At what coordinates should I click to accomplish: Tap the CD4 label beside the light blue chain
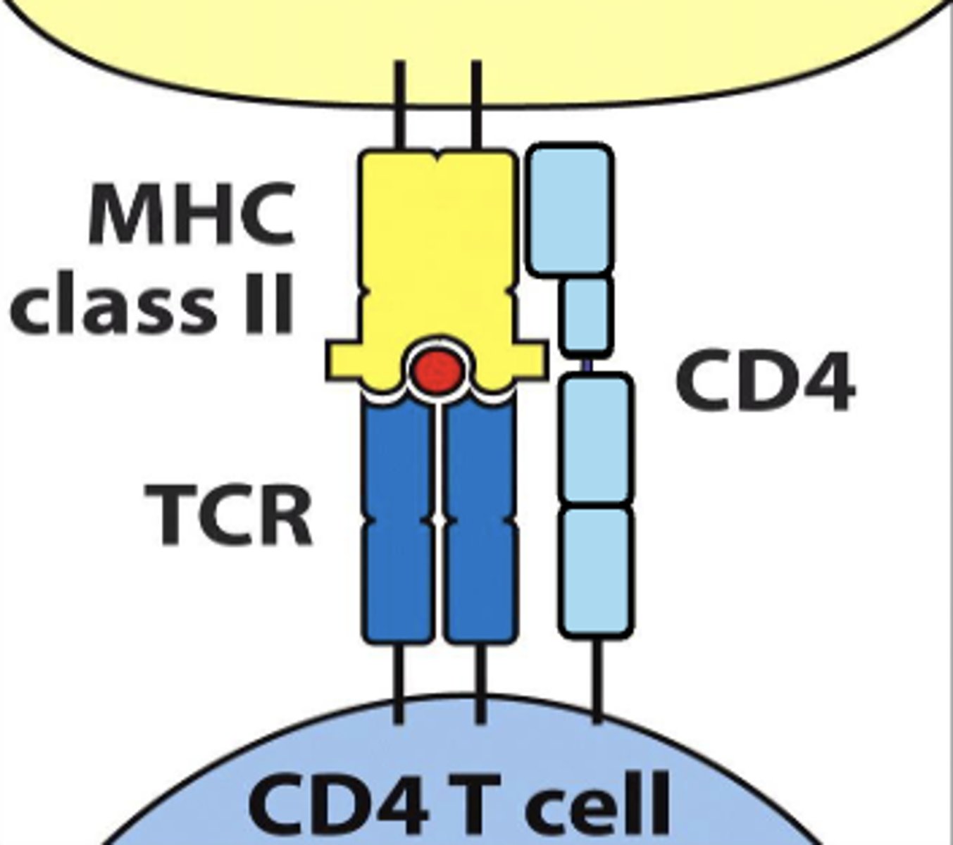(x=765, y=384)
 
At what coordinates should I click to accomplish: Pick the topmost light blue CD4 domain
(x=570, y=208)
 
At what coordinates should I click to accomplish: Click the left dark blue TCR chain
(x=398, y=521)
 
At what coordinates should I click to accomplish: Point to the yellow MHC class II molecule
(x=437, y=246)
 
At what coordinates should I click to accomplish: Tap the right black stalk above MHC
(x=476, y=106)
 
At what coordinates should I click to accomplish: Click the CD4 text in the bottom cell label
(x=338, y=803)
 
